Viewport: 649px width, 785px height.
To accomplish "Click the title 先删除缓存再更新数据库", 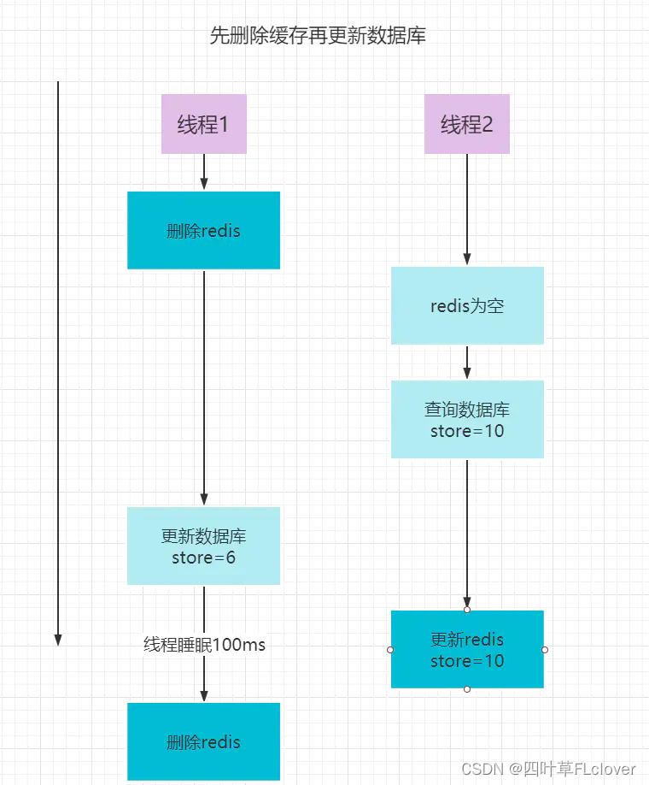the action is click(318, 36).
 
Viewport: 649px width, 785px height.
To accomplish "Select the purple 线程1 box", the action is click(204, 124).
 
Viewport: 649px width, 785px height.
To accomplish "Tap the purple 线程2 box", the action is click(467, 124).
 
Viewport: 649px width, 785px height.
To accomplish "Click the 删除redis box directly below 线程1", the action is click(203, 230).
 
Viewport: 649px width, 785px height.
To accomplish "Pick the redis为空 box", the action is click(467, 305).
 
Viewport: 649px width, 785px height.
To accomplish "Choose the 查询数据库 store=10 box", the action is click(467, 420).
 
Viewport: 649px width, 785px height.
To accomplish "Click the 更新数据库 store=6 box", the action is click(203, 546).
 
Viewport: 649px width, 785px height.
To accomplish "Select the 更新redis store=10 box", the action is click(467, 649).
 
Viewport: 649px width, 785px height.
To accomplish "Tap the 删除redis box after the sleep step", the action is click(203, 741).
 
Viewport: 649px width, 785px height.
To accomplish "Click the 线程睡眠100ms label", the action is click(204, 644).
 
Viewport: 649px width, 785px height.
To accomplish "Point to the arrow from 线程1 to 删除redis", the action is click(204, 172).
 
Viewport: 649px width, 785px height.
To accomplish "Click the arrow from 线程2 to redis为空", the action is click(467, 210).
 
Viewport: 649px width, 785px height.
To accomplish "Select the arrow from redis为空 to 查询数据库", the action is click(467, 363).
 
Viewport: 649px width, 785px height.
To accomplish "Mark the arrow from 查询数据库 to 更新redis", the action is click(467, 534).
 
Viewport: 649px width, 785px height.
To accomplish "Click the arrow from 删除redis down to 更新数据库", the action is click(204, 388).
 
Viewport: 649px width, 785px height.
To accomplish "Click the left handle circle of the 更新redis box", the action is click(390, 650).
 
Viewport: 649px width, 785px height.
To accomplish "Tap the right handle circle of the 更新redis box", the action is click(545, 650).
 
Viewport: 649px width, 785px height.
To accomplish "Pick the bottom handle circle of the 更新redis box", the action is click(467, 689).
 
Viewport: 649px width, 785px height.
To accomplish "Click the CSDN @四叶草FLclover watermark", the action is click(548, 769).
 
